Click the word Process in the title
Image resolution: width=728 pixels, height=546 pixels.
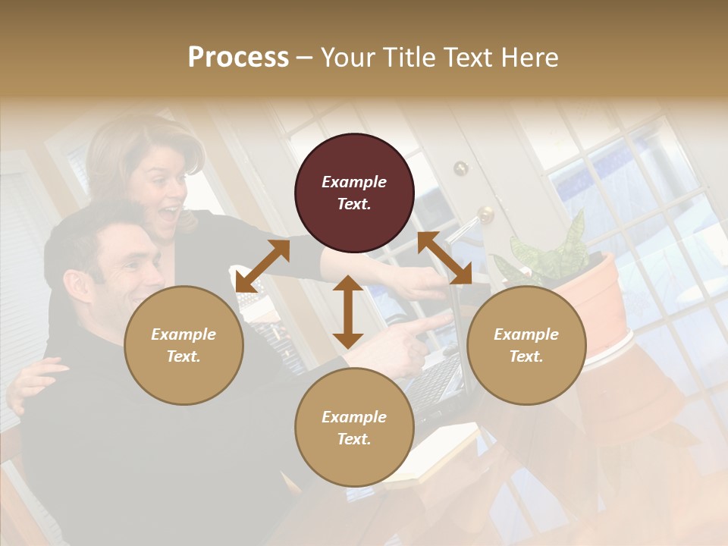[238, 58]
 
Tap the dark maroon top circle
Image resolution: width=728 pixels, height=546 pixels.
[354, 193]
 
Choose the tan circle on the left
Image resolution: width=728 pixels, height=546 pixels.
[184, 345]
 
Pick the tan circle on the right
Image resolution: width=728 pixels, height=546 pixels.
[526, 345]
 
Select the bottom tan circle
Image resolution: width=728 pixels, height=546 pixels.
[354, 427]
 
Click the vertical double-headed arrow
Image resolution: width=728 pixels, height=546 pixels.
[348, 312]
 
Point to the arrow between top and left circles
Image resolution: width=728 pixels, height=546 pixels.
[262, 266]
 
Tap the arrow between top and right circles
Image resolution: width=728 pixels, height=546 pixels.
[445, 259]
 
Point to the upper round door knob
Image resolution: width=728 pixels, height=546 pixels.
[460, 168]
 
